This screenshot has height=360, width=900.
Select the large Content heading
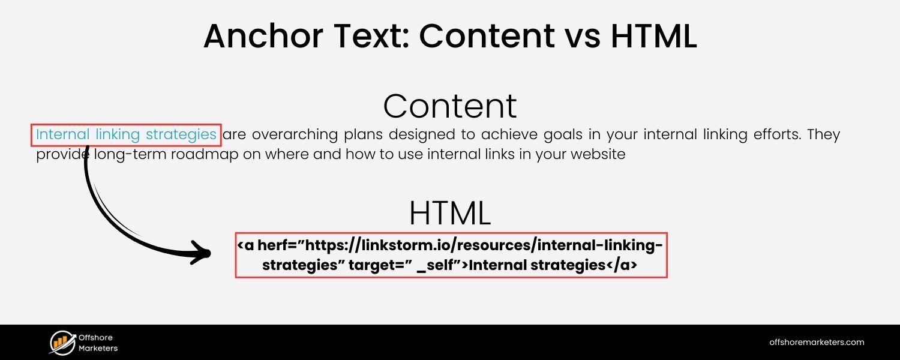tap(450, 106)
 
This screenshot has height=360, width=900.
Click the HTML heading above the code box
tap(450, 212)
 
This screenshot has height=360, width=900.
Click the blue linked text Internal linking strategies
tap(126, 134)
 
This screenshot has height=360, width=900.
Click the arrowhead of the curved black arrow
tap(201, 253)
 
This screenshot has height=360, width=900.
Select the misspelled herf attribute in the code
tap(269, 245)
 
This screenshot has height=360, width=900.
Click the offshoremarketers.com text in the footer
tap(817, 343)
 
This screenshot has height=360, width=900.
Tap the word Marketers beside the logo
tap(98, 348)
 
